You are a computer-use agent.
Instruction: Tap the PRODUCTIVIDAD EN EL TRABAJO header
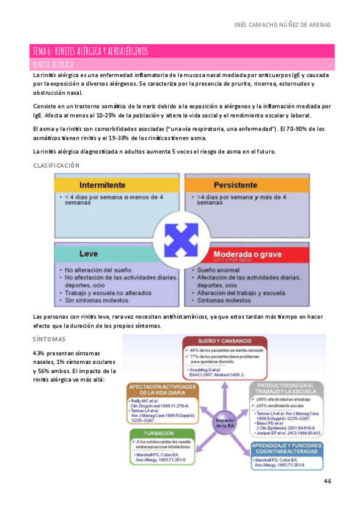tap(286, 389)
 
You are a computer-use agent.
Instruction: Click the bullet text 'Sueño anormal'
tap(217, 269)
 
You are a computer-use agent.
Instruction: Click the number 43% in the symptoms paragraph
tap(39, 353)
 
